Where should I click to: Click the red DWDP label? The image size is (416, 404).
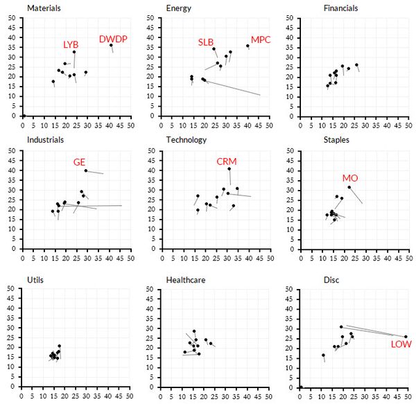point(112,39)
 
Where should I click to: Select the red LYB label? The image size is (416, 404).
point(71,44)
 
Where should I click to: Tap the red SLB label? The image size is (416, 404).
point(206,42)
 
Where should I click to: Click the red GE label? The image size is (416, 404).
point(80,162)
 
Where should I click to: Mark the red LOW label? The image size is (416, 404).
point(401,344)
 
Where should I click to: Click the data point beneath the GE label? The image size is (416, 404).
point(86,170)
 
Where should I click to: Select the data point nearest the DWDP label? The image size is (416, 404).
point(110,45)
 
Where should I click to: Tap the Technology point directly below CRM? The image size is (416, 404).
point(229,168)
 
